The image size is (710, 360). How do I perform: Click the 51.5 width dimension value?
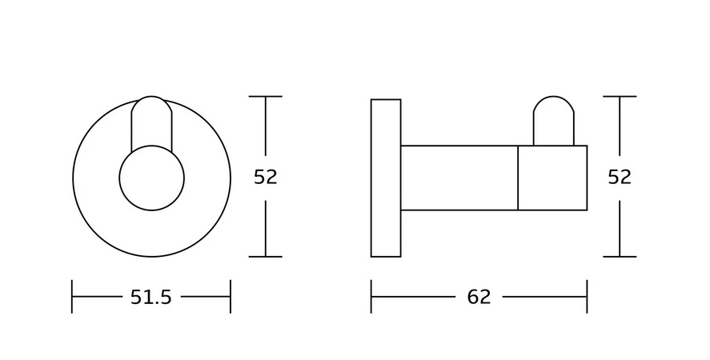[151, 297]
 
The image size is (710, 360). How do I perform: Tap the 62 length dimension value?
[479, 297]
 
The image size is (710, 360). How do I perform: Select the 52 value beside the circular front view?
[265, 177]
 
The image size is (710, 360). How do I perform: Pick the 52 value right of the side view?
[620, 177]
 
